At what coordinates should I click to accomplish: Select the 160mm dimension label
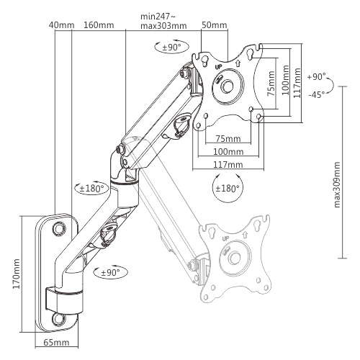97,27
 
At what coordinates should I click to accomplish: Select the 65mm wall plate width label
55,343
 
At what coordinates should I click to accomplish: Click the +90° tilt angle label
316,76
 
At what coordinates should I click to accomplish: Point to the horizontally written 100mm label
228,152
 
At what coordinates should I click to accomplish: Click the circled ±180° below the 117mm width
228,190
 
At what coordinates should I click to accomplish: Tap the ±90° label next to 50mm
170,47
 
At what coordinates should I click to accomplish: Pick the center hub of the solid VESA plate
228,85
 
